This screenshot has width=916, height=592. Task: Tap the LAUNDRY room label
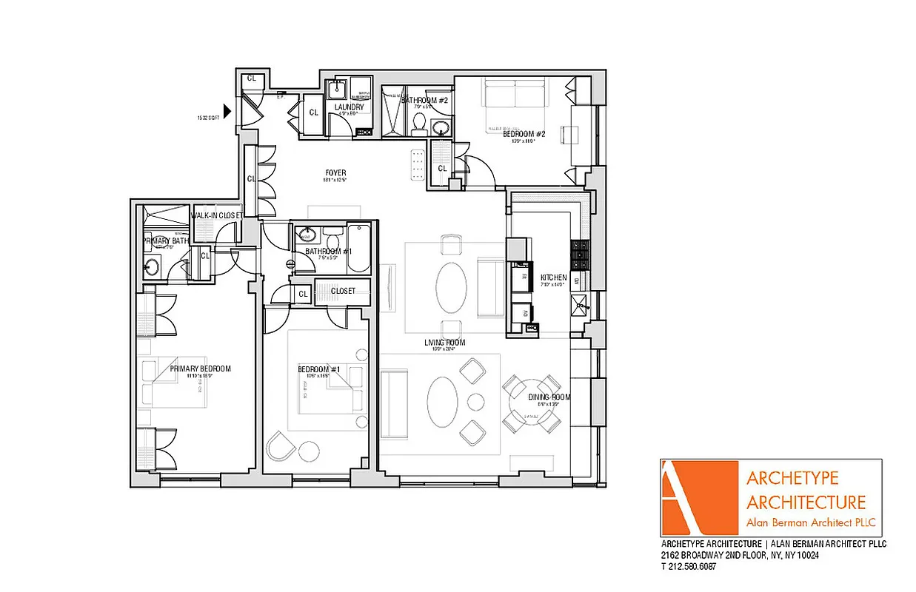coord(349,107)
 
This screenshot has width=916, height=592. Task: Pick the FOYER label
coord(335,173)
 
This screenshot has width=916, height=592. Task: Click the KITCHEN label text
coord(553,277)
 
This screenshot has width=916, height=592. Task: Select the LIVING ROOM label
coord(444,343)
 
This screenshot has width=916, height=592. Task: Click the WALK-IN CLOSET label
coord(217,215)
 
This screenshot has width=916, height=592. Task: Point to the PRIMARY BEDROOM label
coord(200,369)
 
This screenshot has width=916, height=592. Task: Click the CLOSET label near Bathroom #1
coord(343,291)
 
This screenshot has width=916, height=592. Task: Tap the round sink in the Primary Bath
coord(153,266)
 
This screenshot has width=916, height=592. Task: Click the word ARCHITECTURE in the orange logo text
coord(806,502)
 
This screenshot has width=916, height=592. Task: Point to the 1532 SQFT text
coord(209,118)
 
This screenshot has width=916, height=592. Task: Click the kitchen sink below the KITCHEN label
coord(581,303)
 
